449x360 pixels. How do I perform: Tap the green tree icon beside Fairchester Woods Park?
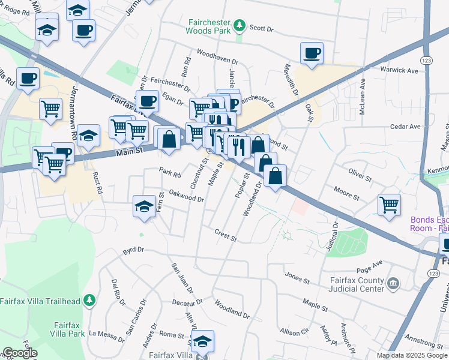pos(240,25)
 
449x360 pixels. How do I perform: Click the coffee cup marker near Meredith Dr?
pos(312,53)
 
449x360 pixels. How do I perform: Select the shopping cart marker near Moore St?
pos(389,205)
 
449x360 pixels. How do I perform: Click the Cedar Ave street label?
pos(405,127)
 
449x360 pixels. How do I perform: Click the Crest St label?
pos(226,235)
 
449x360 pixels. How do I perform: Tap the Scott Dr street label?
pos(261,28)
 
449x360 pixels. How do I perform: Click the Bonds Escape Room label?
pos(429,224)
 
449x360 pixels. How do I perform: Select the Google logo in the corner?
pos(19,353)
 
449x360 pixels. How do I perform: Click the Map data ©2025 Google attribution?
pos(412,355)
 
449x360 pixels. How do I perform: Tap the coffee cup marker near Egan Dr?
pos(146,101)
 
